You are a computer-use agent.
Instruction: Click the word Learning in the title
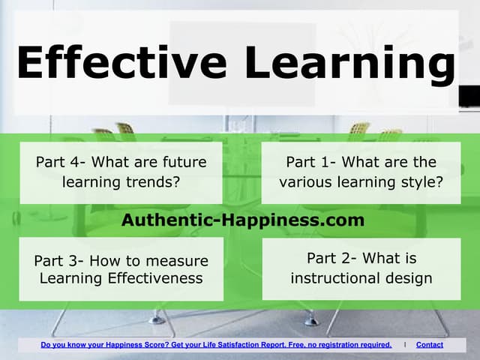pos(351,63)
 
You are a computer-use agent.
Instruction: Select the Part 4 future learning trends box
pos(121,172)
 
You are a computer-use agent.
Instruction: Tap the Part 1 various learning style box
pos(361,172)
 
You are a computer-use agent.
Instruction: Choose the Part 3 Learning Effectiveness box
pos(121,269)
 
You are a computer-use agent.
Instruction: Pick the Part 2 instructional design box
pos(361,268)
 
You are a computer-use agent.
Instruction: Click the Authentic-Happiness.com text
pos(242,220)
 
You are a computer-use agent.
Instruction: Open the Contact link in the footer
pos(429,345)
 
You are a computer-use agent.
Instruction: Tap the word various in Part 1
pos(303,182)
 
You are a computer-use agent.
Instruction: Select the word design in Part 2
pos(409,278)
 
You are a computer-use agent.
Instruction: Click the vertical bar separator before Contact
pos(406,345)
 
